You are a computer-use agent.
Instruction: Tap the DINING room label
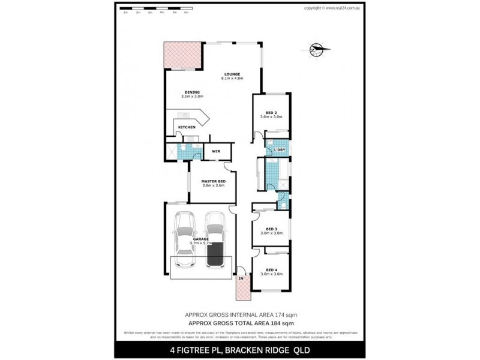192,92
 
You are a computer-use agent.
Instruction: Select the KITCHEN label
186,128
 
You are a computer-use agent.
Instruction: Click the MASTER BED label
213,181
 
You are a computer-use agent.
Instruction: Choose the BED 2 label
271,112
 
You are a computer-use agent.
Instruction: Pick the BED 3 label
271,229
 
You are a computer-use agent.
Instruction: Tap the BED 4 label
271,270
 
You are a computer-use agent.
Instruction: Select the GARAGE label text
200,239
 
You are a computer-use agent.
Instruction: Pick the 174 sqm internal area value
287,314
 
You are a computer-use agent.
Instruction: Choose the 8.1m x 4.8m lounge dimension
232,79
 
